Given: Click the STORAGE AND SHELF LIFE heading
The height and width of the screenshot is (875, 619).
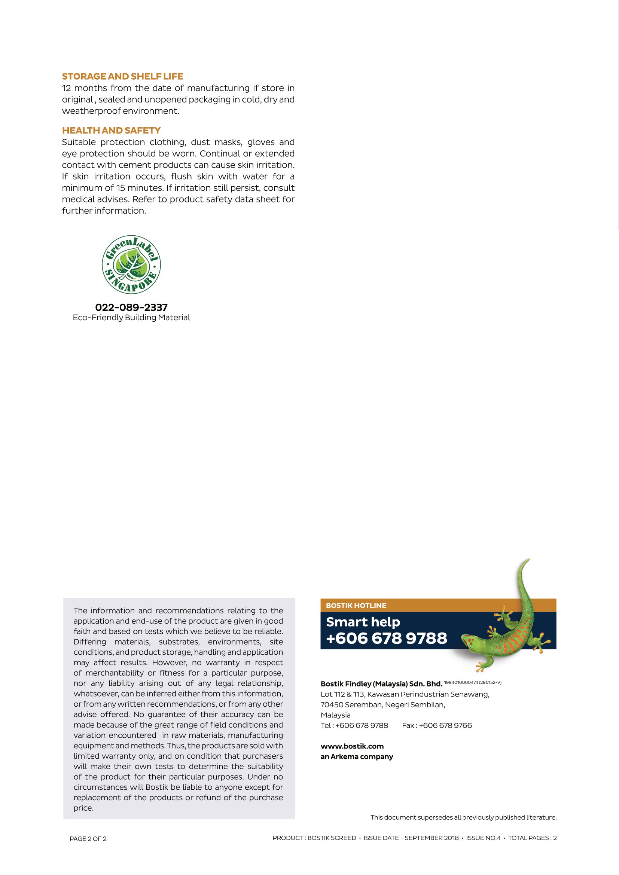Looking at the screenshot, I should (123, 76).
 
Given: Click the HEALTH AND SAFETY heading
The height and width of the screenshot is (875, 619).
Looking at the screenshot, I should (111, 130).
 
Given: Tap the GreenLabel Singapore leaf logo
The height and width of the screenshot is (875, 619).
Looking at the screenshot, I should (131, 264).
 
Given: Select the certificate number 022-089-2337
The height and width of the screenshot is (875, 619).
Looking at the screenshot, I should (131, 307).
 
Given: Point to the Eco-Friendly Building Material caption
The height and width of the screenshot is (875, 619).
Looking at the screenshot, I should (131, 318).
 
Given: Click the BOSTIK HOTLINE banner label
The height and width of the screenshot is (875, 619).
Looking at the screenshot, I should (356, 605).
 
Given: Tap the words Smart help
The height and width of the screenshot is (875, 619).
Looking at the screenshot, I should (363, 622).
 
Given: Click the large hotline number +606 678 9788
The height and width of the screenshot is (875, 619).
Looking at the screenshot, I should (387, 638).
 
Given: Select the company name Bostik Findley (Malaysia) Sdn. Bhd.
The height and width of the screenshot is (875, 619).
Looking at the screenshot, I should (381, 684).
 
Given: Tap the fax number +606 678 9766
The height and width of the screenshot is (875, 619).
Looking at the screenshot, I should (445, 725).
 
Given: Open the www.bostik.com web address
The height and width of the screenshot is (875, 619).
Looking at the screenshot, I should (352, 746).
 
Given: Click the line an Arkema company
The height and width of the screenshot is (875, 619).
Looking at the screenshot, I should (357, 756).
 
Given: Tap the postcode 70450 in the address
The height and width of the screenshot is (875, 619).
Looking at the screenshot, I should (332, 705).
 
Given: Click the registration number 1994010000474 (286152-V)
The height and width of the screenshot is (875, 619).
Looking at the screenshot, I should (473, 682).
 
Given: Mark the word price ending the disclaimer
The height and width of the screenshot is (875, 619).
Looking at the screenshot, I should (83, 808).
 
